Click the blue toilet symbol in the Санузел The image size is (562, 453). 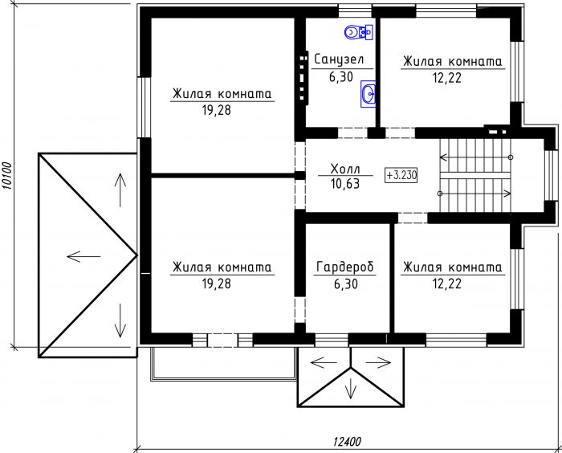coord(359,32)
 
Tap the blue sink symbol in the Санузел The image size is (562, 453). coord(368,94)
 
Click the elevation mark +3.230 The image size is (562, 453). coord(401,175)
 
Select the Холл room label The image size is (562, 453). coord(345,168)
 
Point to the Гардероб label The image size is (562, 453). coord(345,267)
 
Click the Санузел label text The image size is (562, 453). coord(339,59)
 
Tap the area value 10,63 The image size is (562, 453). coord(345,184)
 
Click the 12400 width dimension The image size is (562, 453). coord(347,441)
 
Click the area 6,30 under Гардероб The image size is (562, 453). coord(346,284)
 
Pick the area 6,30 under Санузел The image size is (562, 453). coord(341,77)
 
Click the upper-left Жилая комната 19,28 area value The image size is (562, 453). coord(217,111)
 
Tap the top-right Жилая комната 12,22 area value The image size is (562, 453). coord(447,78)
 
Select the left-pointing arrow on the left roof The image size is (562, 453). coord(83,256)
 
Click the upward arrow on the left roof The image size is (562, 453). coord(120,190)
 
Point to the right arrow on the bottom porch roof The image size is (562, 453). coord(378,362)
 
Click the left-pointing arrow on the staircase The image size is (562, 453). coord(476,157)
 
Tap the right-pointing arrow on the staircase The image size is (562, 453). coord(475,194)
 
